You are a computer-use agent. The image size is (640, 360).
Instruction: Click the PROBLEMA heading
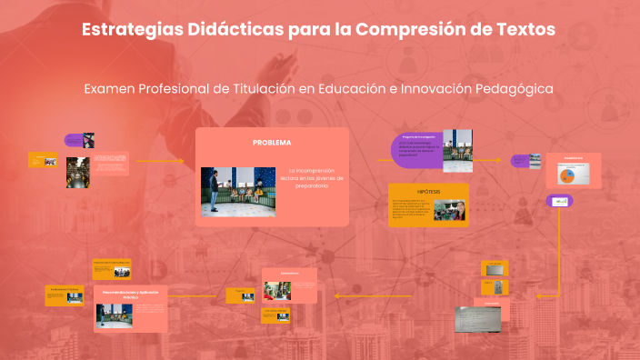pos(272,144)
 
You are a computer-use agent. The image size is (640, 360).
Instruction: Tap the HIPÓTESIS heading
pos(428,192)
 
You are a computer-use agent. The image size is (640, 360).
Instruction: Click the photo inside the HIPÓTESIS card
pos(451,210)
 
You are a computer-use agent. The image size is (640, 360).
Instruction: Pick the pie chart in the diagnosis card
pos(567,174)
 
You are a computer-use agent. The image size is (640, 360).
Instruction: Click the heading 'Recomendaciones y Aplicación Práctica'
pos(131,295)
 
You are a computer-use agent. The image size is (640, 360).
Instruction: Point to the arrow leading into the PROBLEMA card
pos(164,162)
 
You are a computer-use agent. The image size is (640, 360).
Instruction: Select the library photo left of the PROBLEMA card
pos(77,173)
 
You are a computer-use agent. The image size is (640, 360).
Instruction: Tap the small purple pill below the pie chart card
pos(559,201)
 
